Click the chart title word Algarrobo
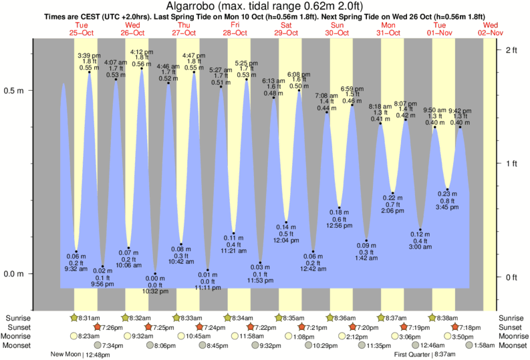pos(201,7)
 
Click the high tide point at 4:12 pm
pos(142,68)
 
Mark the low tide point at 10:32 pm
pos(155,274)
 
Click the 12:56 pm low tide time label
pos(340,226)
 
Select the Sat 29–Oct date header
pos(286,29)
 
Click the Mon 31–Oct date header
pos(388,29)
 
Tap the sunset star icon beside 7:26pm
pos(98,327)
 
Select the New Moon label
pos(65,354)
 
